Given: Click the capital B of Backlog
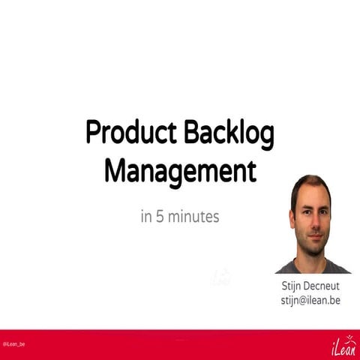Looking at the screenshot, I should click(188, 133).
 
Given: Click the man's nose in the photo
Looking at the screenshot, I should click(312, 223).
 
